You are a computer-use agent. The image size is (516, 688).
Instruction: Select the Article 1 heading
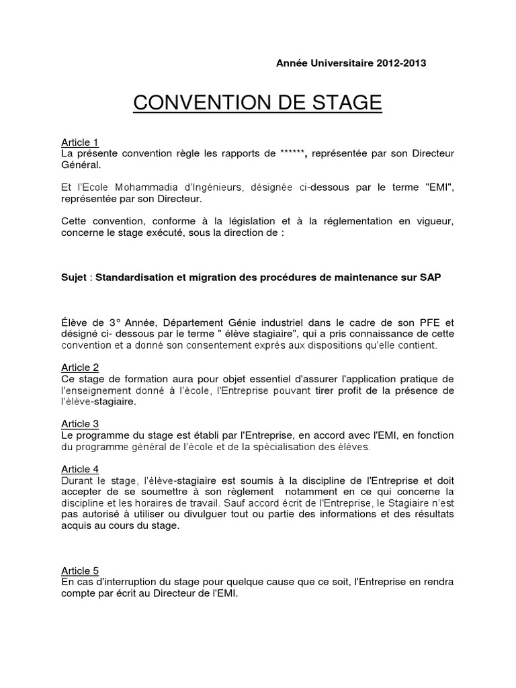tap(80, 142)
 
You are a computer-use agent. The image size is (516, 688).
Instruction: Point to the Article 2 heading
tap(80, 367)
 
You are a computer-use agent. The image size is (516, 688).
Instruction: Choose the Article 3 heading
tap(80, 423)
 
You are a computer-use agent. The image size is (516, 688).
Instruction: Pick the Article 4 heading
tap(80, 468)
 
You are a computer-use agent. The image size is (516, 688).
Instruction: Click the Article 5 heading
tap(80, 570)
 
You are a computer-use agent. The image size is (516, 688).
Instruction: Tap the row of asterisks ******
tap(294, 153)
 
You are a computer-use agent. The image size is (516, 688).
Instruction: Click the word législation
tap(254, 222)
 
